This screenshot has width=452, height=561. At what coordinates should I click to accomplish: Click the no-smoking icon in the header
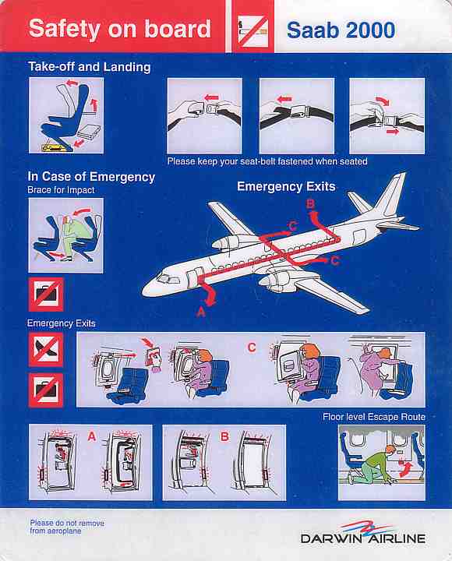[x=253, y=31]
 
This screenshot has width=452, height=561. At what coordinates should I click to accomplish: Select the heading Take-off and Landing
[x=90, y=67]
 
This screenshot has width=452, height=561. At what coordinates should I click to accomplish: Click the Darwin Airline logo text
[x=363, y=538]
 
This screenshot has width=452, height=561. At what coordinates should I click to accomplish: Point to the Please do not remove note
[x=67, y=527]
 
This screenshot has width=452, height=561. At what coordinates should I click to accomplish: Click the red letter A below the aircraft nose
[x=201, y=312]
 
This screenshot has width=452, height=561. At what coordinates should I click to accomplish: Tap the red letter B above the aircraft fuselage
[x=310, y=204]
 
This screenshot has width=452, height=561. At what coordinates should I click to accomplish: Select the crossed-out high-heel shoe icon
[x=46, y=349]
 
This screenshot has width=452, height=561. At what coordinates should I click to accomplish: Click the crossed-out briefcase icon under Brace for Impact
[x=46, y=295]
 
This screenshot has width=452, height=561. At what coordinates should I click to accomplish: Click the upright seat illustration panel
[x=66, y=115]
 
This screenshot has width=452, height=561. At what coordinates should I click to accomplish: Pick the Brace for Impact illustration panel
[x=65, y=235]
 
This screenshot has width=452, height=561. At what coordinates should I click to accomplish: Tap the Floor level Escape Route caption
[x=374, y=417]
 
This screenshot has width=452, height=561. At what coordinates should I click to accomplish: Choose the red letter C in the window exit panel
[x=252, y=347]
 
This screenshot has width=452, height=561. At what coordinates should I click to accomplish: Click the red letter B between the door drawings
[x=224, y=437]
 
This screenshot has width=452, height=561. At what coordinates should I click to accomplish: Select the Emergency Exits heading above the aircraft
[x=286, y=186]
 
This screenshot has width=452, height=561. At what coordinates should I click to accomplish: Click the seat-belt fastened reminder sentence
[x=267, y=161]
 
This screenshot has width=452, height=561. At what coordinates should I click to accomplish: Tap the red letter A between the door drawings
[x=92, y=436]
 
